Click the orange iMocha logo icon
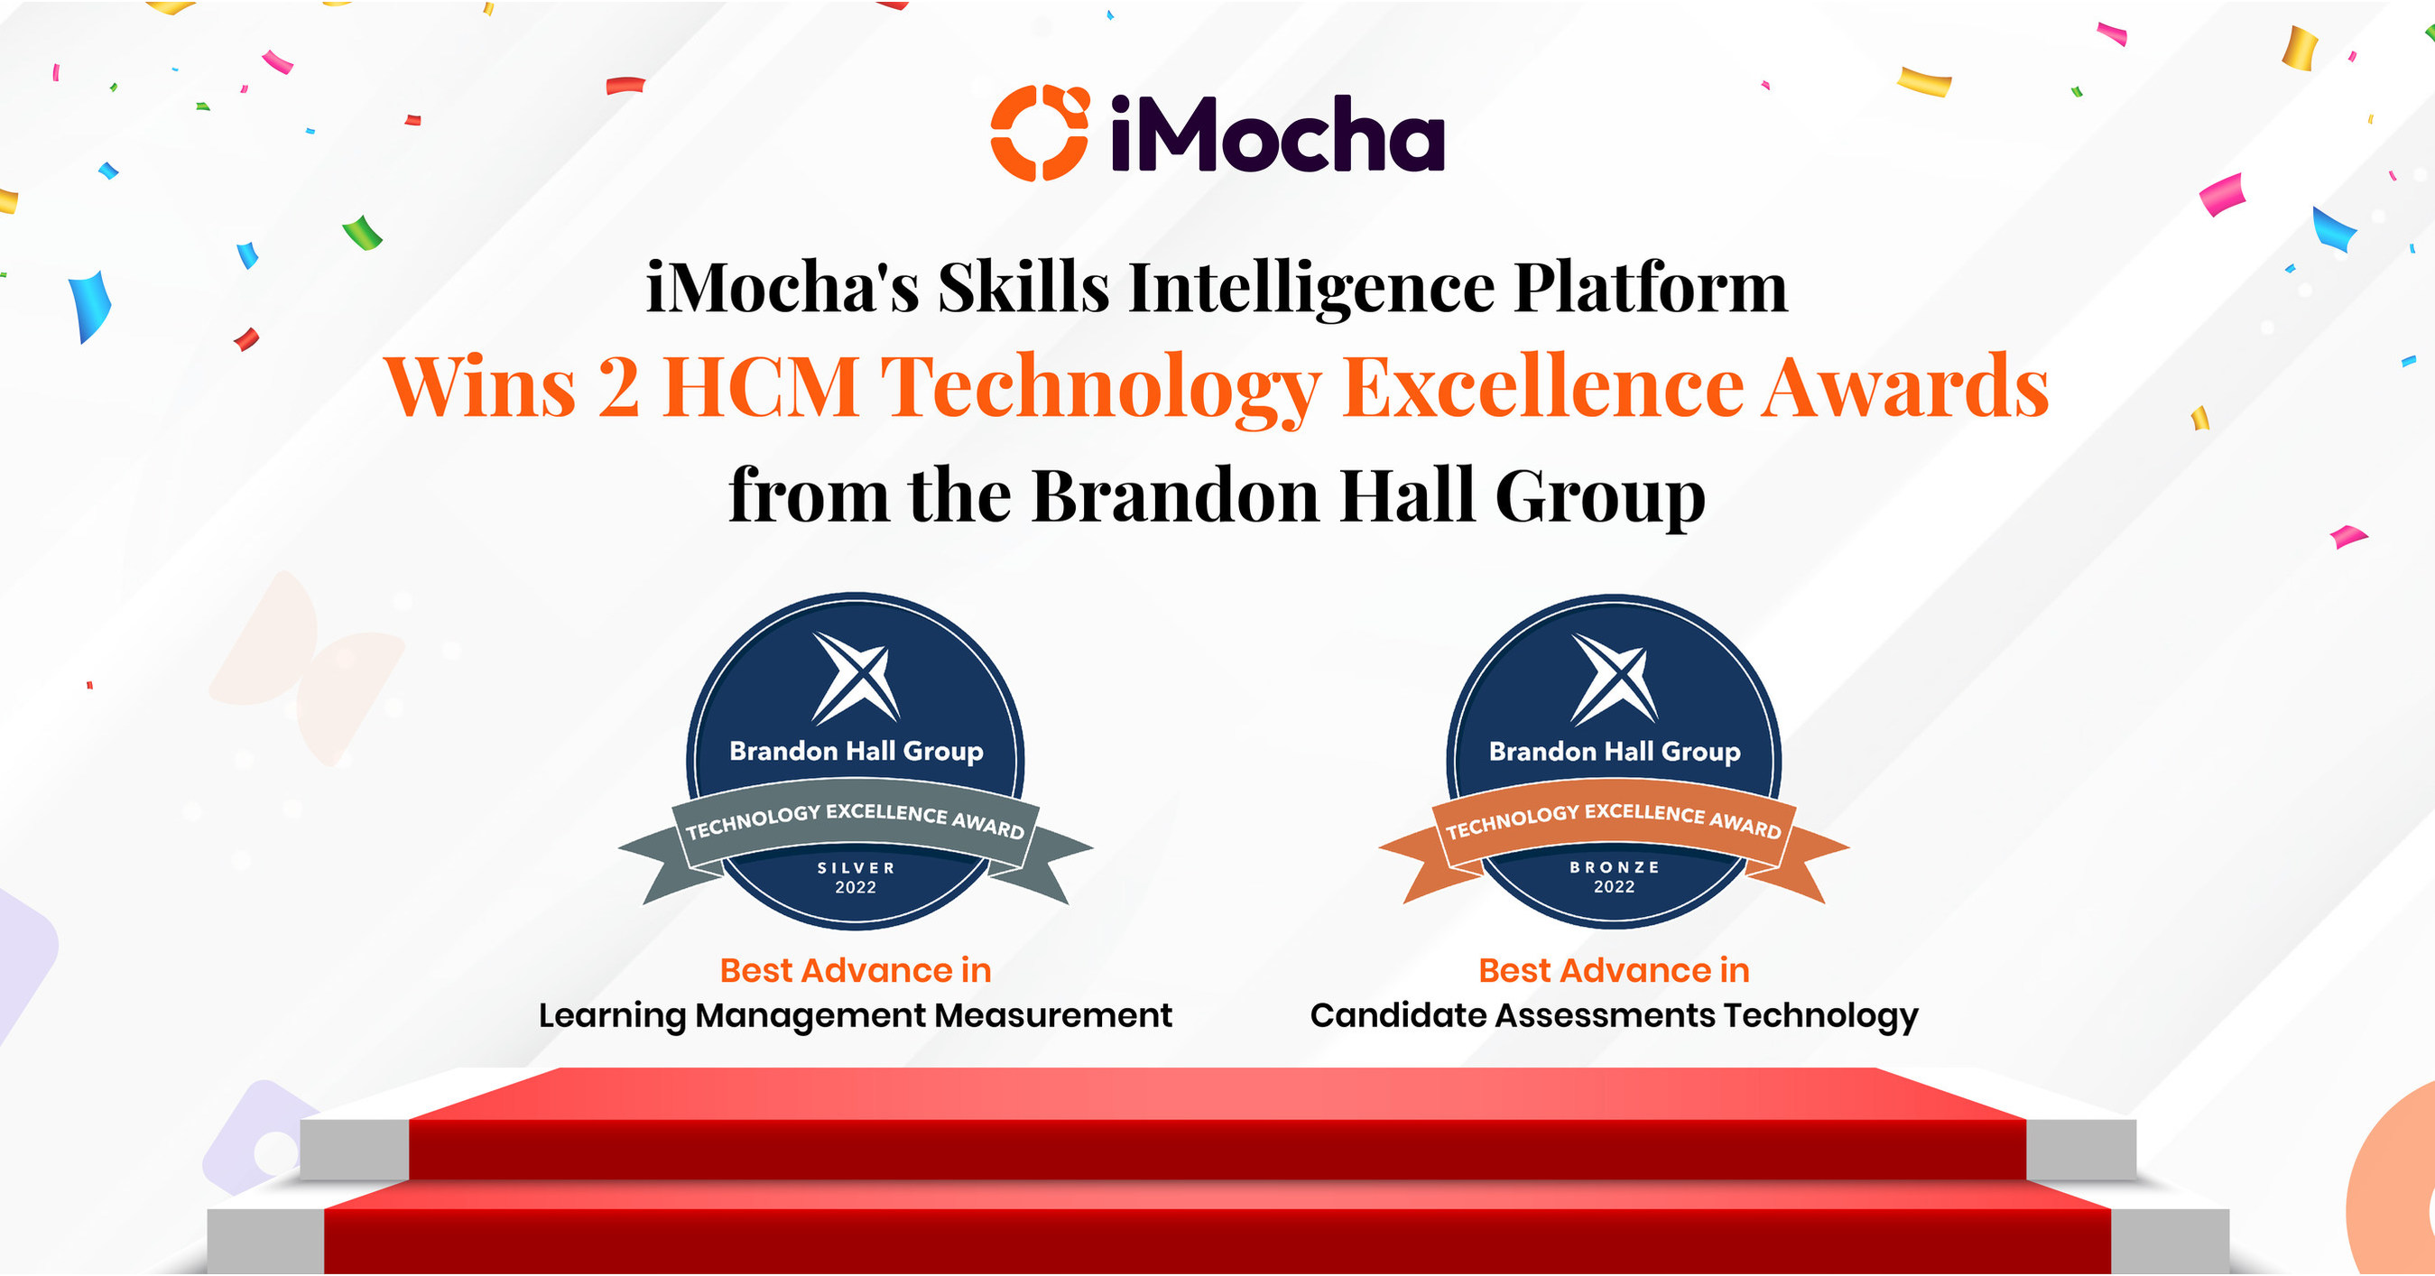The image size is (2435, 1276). (1039, 133)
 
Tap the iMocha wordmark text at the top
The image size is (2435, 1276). (1277, 134)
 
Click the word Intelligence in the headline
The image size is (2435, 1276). (1311, 287)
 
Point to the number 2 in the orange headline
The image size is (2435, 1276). (618, 387)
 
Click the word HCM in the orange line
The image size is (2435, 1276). (761, 387)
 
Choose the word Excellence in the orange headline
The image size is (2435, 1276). (1542, 387)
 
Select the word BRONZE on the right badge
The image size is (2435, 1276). (1615, 866)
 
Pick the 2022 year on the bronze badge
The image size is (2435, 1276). (1615, 886)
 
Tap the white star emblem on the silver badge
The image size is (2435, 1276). (856, 678)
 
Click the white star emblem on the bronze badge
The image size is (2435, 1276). (1615, 679)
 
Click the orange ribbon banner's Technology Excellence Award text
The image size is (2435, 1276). (1615, 819)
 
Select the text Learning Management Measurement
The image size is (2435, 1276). (856, 1016)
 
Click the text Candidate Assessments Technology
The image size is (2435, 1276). (1615, 1016)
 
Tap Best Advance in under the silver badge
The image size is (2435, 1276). (856, 971)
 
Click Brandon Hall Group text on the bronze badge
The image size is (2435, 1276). (1615, 752)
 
